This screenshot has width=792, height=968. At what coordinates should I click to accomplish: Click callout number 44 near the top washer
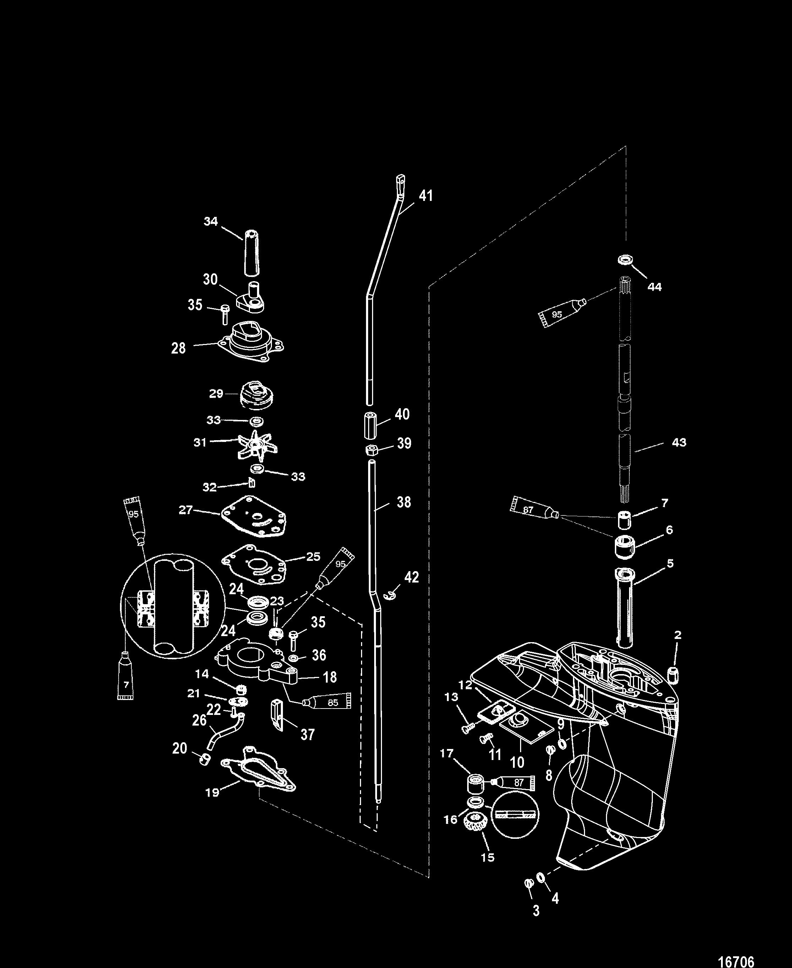pos(654,286)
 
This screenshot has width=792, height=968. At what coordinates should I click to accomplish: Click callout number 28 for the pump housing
pos(178,348)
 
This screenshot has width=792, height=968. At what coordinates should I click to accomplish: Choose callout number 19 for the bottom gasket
pos(212,792)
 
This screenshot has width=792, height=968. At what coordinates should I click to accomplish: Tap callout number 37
pos(307,734)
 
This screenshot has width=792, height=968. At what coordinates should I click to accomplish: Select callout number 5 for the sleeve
pos(670,563)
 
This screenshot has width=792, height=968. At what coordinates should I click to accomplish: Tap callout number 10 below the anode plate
pos(517,761)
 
